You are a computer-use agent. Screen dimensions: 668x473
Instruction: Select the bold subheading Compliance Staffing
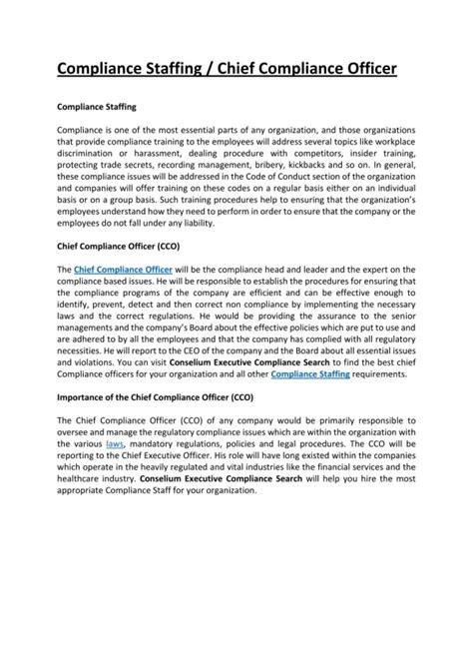coord(97,104)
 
